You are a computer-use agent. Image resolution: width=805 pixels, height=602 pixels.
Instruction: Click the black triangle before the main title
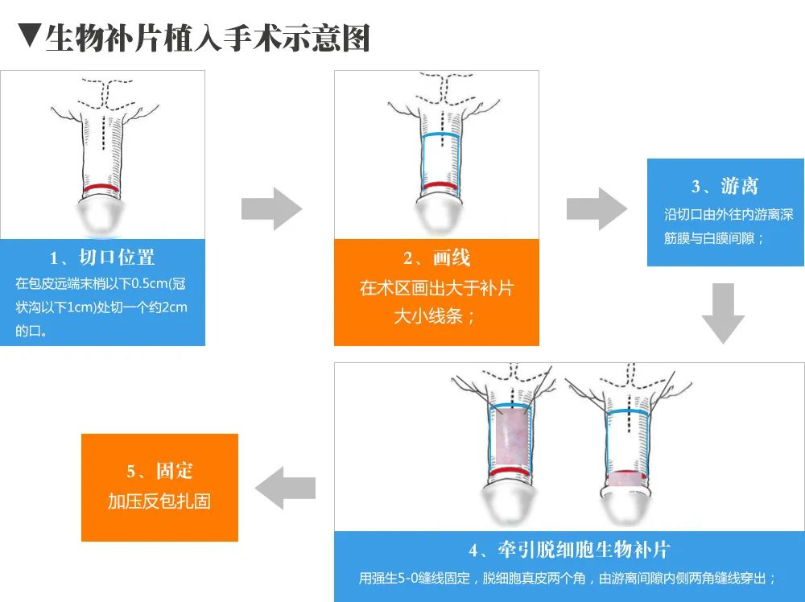point(28,37)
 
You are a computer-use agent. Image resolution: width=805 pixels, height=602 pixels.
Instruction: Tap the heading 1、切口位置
point(102,258)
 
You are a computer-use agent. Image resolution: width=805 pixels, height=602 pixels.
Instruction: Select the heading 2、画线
point(436,258)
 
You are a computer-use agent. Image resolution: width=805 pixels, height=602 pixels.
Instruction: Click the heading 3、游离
point(725,186)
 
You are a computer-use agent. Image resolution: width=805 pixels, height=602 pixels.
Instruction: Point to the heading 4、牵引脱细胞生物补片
point(569,550)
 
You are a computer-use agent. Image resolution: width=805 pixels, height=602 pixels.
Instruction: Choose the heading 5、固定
point(159,471)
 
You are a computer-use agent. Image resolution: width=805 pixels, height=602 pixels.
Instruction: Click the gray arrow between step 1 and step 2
point(271,209)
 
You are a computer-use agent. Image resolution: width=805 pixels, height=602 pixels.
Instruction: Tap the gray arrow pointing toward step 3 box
point(597,209)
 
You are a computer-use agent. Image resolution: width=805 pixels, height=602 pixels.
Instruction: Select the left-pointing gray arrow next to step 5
point(285,489)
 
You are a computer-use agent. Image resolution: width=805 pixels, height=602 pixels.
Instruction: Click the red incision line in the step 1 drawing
point(102,188)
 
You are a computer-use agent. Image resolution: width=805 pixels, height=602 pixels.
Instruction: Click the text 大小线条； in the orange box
point(436,315)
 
